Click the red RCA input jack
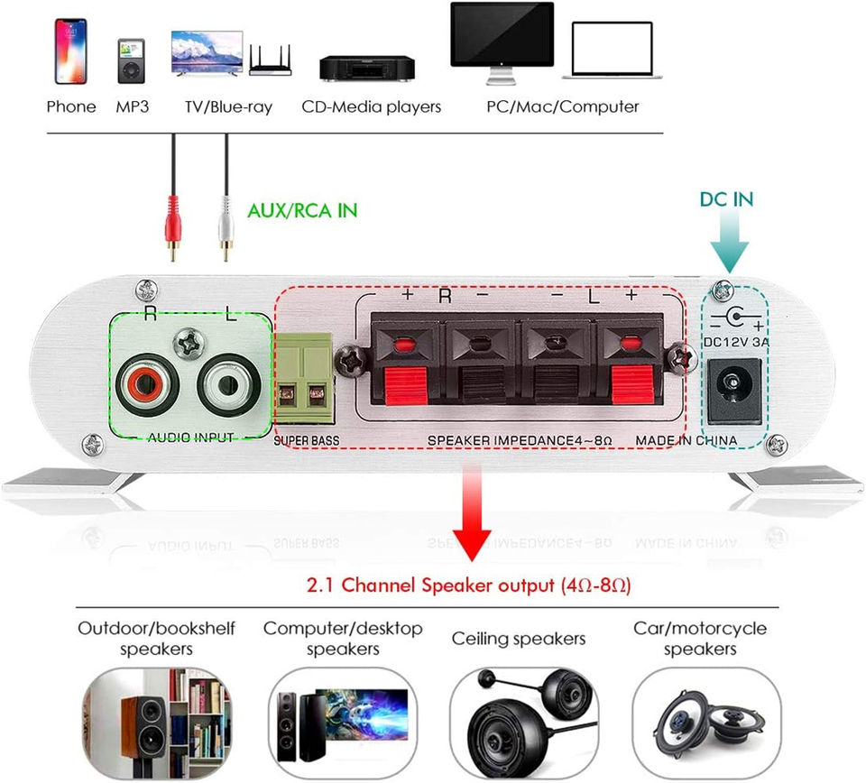[147, 384]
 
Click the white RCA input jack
[229, 384]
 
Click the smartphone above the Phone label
[70, 51]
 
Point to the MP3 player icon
[132, 60]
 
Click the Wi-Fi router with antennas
[270, 60]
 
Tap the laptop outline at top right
[612, 51]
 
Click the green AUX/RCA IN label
[302, 210]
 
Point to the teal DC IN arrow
[730, 243]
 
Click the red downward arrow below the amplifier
[472, 512]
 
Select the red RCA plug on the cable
[173, 227]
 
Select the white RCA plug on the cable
[226, 227]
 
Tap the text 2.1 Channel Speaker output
[431, 585]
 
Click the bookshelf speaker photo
[157, 723]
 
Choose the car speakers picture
[706, 723]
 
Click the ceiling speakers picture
[524, 723]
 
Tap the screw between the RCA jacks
[189, 344]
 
